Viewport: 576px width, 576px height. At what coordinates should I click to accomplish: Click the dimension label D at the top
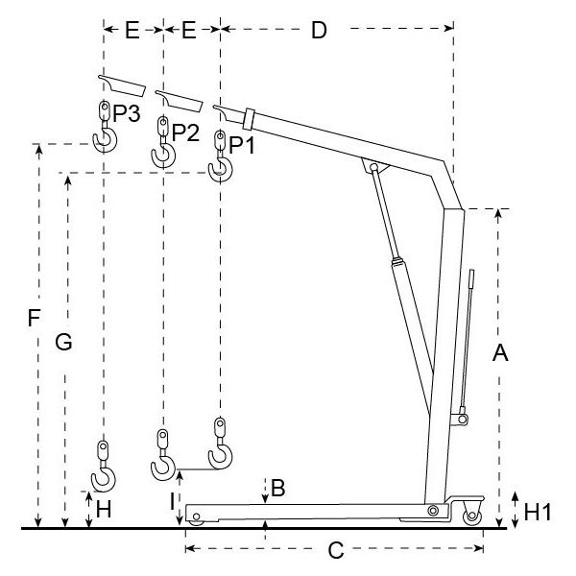click(319, 30)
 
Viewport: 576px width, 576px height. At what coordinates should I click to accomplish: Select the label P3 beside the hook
click(127, 113)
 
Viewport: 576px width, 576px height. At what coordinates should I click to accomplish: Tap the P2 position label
click(185, 132)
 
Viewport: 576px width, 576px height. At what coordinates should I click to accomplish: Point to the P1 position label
click(242, 146)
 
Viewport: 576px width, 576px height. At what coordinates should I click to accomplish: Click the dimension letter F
click(34, 318)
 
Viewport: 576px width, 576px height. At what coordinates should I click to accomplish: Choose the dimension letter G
click(63, 343)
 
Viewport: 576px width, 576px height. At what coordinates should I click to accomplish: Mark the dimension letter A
click(500, 352)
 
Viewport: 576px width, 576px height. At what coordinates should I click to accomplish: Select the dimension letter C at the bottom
click(336, 550)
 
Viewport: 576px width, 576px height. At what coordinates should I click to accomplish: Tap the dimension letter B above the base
click(277, 489)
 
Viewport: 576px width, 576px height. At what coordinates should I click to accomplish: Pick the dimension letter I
click(173, 502)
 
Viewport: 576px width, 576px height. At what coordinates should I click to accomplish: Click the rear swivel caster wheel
click(472, 517)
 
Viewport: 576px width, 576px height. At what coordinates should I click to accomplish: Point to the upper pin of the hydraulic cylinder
click(374, 167)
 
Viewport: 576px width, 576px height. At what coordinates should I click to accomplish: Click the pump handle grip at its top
click(471, 278)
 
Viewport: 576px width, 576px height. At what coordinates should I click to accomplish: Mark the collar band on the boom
click(249, 119)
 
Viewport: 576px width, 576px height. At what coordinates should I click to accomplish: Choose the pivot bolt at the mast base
click(433, 511)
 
